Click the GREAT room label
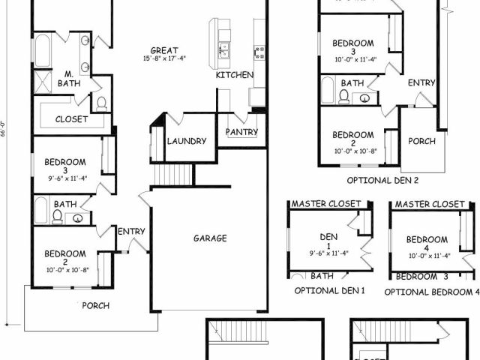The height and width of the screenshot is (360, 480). coord(163,50)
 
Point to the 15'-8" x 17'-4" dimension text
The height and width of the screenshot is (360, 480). coord(163,58)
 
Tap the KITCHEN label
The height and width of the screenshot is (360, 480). coord(235,75)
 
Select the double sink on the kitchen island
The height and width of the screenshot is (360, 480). coord(223,51)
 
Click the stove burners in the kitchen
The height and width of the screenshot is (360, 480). coord(259,51)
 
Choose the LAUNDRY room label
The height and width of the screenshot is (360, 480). coord(187,140)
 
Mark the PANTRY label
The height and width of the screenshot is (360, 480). coord(241,132)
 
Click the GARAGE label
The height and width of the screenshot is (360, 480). coord(210,238)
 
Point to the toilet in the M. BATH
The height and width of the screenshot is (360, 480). coord(101,103)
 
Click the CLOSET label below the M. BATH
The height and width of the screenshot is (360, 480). coord(72,118)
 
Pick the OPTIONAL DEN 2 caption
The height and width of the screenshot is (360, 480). coord(382,180)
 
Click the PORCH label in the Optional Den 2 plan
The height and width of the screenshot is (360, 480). coord(421,140)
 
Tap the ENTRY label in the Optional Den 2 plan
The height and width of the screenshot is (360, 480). coord(421,82)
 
